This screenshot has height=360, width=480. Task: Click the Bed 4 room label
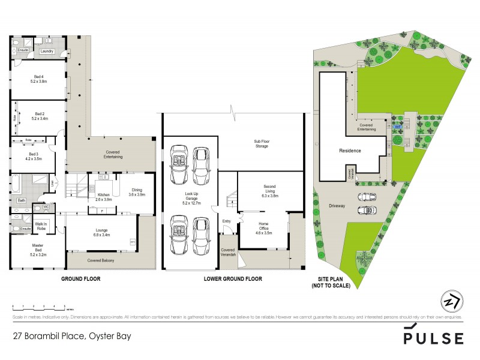click(40, 79)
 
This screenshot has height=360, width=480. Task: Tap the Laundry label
click(47, 52)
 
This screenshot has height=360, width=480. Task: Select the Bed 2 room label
click(40, 116)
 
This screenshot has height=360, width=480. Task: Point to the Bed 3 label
click(34, 157)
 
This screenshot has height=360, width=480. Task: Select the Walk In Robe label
click(41, 227)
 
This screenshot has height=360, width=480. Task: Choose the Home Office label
click(263, 227)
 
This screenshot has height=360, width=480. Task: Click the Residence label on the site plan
click(350, 151)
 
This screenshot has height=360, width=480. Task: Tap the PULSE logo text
click(434, 338)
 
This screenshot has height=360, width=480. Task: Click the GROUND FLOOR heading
click(81, 279)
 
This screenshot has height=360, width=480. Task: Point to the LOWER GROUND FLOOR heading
click(234, 279)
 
